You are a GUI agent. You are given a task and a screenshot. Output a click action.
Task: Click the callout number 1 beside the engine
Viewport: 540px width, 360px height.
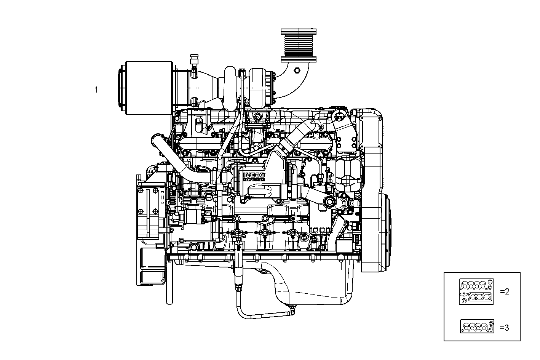click(96, 90)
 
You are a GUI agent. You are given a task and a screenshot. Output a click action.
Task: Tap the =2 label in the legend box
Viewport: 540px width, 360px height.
click(505, 292)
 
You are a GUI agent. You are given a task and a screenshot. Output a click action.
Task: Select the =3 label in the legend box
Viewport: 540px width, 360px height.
click(504, 327)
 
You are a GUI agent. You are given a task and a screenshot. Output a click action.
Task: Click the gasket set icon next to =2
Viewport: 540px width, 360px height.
click(476, 291)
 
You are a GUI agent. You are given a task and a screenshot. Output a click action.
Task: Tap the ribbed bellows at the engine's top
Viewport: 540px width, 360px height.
click(299, 45)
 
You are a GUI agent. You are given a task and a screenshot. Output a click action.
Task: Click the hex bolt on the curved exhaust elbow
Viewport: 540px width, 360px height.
click(297, 70)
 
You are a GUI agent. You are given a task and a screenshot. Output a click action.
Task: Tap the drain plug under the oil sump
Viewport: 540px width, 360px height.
click(292, 307)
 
